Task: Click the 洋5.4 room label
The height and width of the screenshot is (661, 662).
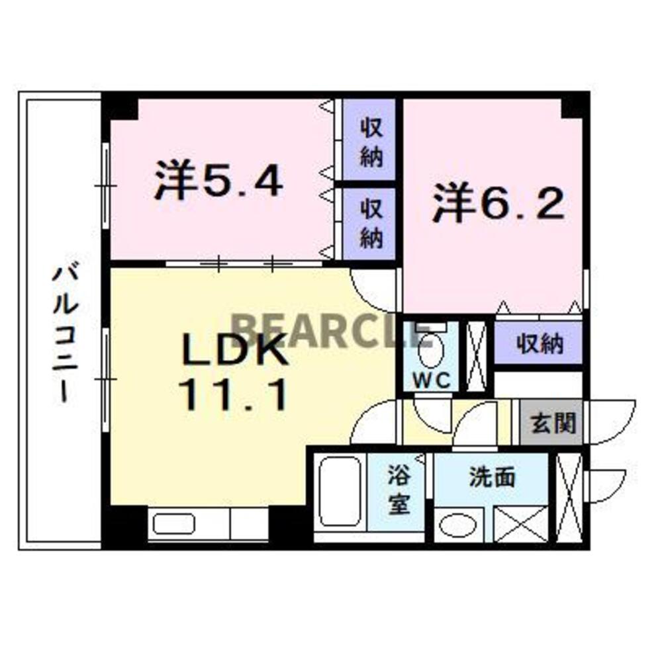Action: pos(218,180)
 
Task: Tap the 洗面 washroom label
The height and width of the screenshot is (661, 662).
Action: pos(492,477)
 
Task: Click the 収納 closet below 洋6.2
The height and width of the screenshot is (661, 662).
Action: pos(540,344)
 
